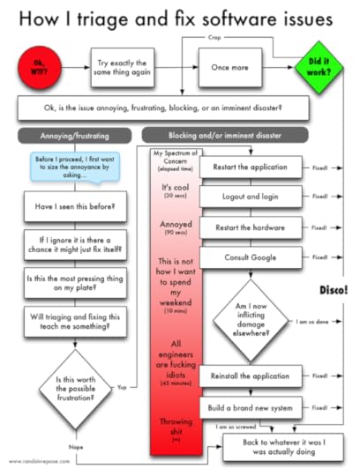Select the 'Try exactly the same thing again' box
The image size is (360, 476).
(x=123, y=66)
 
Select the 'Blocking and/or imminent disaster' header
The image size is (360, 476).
(x=226, y=135)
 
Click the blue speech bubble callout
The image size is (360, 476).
(x=72, y=167)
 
